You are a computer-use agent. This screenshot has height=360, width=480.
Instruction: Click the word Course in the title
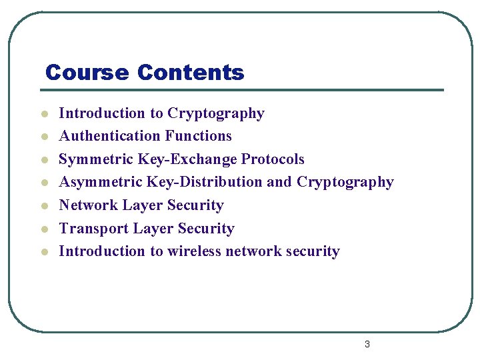(87, 72)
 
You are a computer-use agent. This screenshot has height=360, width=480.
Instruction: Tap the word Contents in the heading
(191, 72)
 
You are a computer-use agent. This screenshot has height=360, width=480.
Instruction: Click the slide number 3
(367, 344)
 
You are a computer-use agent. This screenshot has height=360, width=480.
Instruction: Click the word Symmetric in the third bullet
(96, 159)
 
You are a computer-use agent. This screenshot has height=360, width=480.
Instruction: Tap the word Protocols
(273, 159)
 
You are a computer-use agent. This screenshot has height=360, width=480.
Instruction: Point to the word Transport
(93, 229)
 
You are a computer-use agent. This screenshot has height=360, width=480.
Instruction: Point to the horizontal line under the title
(244, 90)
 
